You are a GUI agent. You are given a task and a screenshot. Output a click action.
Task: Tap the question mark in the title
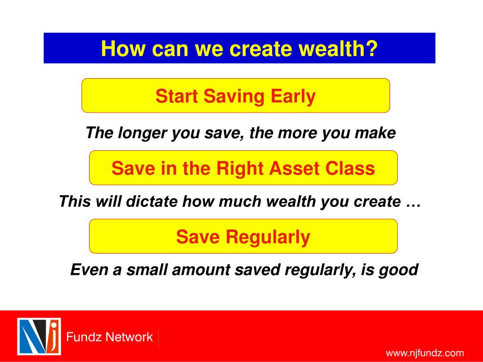pos(372,49)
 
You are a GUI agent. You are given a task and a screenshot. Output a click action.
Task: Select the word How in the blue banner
pos(123,49)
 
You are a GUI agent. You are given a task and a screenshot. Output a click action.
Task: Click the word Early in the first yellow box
pos(293,97)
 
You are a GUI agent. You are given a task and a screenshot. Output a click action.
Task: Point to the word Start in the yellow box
pos(176,96)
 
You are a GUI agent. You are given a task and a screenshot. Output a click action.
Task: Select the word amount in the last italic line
pos(201,270)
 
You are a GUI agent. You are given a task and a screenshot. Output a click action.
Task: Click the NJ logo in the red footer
pos(39,337)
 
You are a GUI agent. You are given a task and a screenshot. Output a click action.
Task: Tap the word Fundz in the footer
pos(80,337)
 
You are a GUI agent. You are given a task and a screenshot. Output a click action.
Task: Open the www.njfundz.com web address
pos(425,353)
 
